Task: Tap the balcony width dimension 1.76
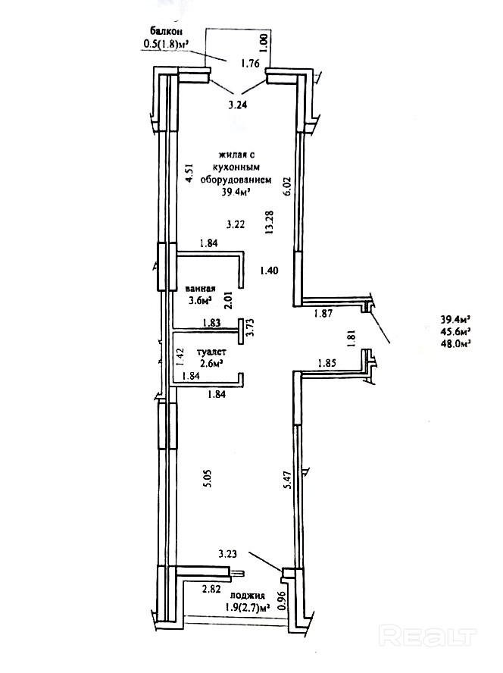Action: click(x=251, y=64)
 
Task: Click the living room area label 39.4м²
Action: click(x=235, y=193)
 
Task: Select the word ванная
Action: click(x=201, y=289)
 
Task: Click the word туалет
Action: click(x=211, y=352)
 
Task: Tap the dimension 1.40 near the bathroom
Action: click(x=270, y=270)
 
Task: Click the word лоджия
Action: click(x=249, y=596)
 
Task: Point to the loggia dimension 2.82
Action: click(x=211, y=587)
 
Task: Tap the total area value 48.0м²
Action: click(x=456, y=343)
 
